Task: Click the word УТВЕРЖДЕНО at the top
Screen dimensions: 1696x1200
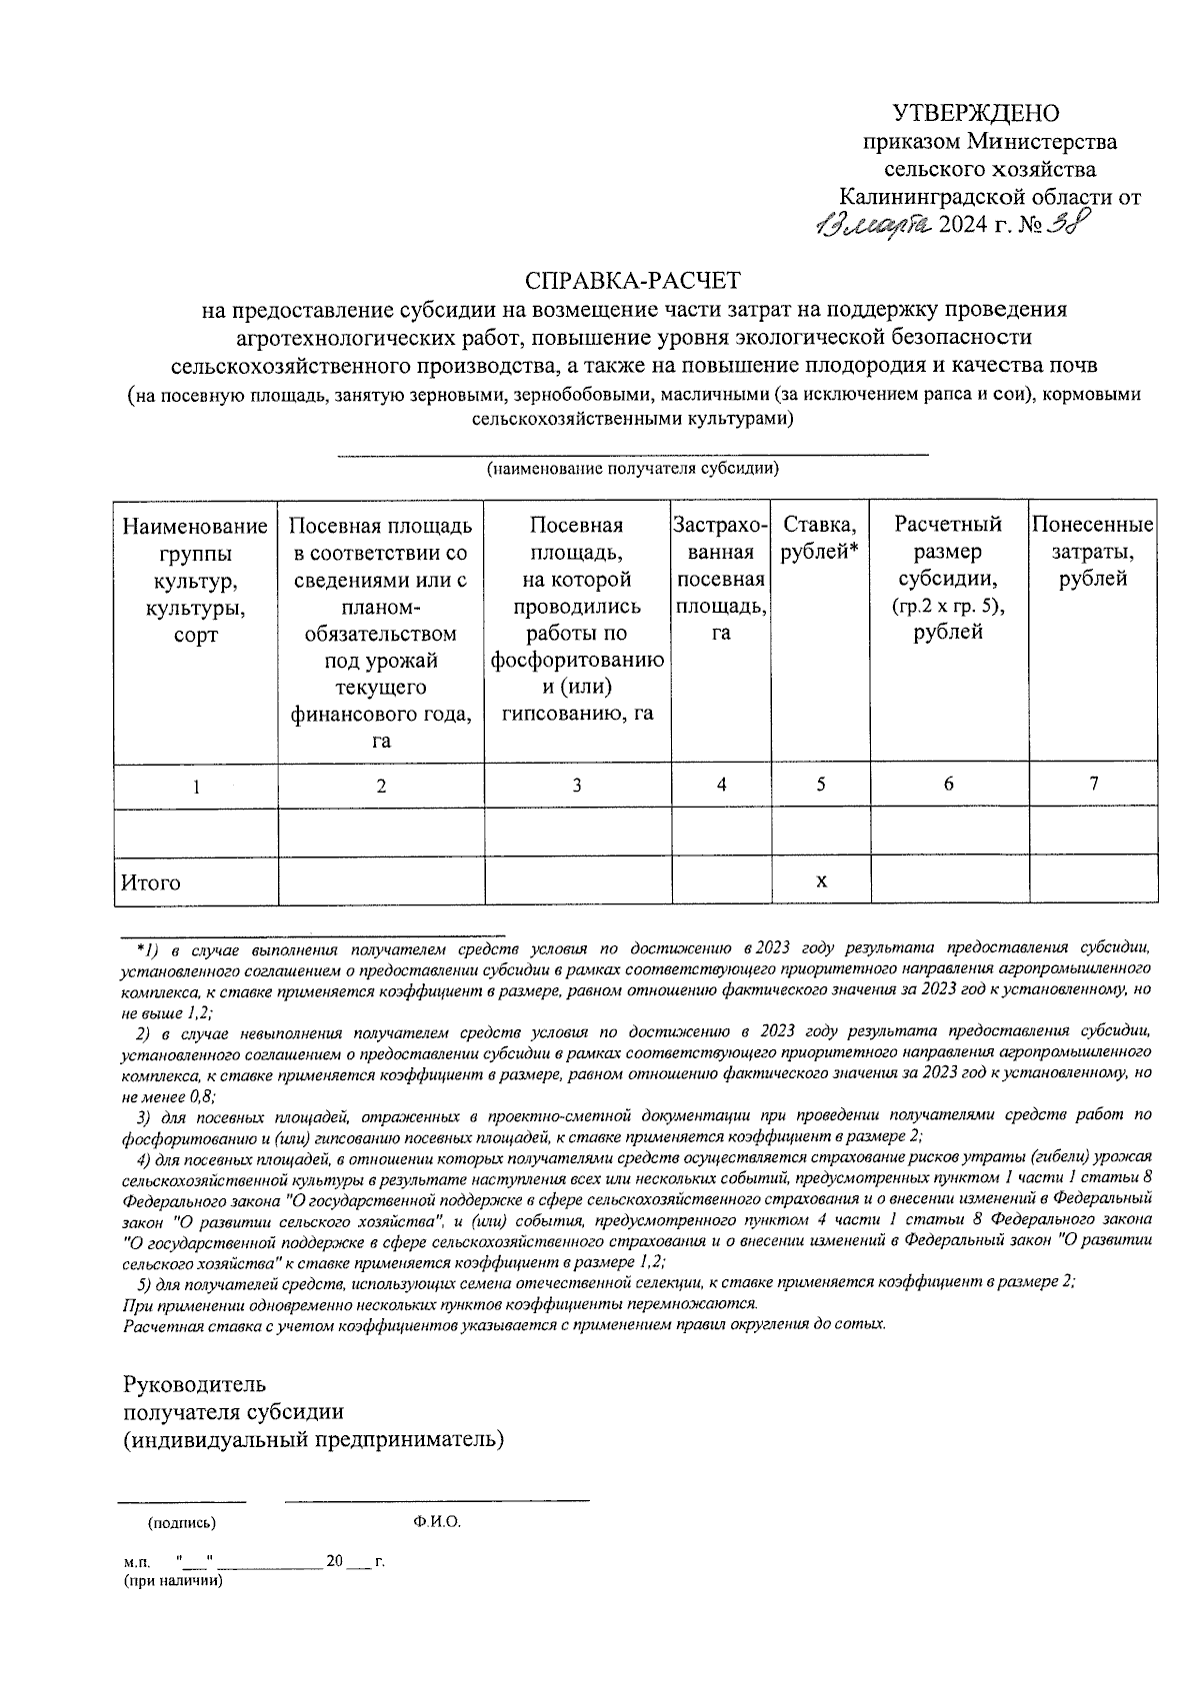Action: click(975, 113)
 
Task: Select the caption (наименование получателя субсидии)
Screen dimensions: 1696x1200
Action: click(632, 468)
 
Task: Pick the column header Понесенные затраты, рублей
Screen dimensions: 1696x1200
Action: click(1093, 552)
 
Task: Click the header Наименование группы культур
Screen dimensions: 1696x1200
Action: click(196, 580)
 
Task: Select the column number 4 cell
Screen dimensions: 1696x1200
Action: click(721, 785)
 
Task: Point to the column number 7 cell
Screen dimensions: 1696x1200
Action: click(1094, 785)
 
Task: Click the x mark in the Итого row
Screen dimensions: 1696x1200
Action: click(821, 880)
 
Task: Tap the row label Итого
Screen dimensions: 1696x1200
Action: click(151, 882)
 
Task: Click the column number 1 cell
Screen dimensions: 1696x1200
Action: click(197, 787)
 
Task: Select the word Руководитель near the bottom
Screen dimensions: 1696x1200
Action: click(194, 1384)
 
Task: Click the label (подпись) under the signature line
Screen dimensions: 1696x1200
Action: click(181, 1523)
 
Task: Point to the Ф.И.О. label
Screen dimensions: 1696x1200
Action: click(436, 1522)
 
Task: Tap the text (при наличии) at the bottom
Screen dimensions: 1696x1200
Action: click(172, 1581)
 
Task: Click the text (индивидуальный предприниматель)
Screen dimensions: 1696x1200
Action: click(313, 1440)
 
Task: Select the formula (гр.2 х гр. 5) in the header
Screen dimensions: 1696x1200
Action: click(948, 607)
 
